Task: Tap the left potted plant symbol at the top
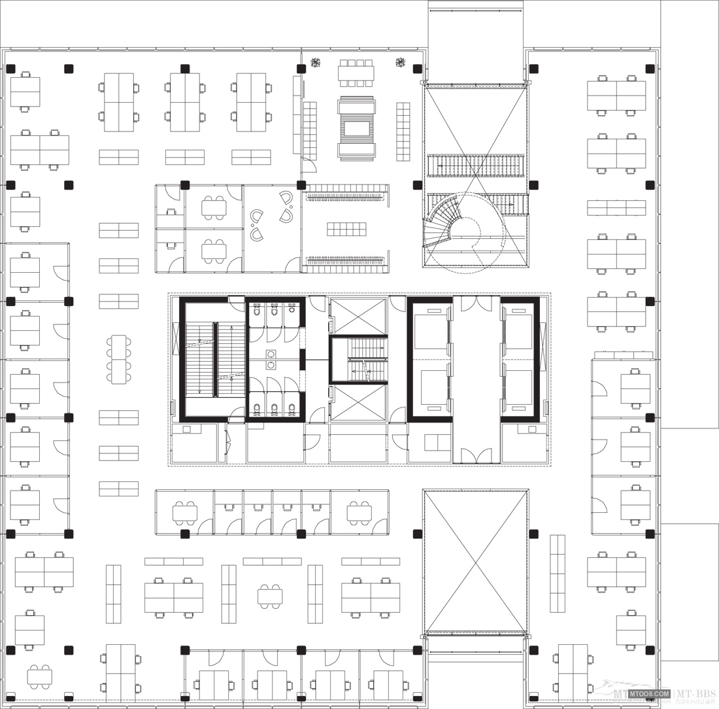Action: pos(315,63)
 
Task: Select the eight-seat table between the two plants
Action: pos(356,73)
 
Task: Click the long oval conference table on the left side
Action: pos(119,359)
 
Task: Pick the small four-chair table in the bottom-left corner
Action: pos(39,676)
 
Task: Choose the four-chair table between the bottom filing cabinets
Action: pos(270,596)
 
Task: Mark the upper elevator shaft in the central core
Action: pos(358,316)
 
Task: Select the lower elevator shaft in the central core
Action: pos(358,403)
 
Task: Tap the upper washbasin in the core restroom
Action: pos(271,354)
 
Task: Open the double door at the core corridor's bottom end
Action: pos(476,455)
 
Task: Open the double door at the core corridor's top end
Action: pos(476,303)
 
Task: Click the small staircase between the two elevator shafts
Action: pos(359,360)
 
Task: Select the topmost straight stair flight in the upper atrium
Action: pos(476,165)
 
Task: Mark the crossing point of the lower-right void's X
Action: pos(476,562)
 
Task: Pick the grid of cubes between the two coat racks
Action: pos(346,229)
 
